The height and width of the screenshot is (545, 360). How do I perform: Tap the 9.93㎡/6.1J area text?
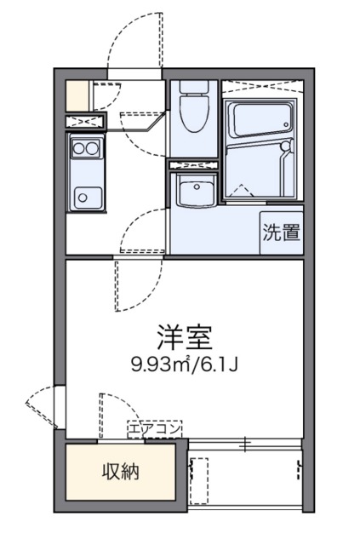tap(183, 365)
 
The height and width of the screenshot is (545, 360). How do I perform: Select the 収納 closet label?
tap(122, 471)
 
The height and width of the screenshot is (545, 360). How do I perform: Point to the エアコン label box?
tap(154, 429)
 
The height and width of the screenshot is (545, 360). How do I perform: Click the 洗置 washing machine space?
tap(281, 232)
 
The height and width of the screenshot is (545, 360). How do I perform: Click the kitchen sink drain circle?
tap(83, 199)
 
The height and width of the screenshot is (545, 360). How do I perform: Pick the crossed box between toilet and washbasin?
tap(195, 163)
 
